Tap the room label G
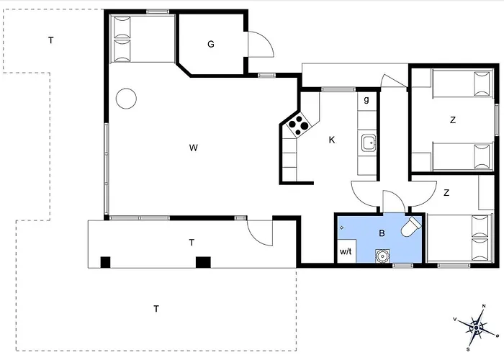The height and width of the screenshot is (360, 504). [x=211, y=45]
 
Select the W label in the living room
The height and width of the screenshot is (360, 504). [x=193, y=148]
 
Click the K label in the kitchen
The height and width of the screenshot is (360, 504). [x=331, y=140]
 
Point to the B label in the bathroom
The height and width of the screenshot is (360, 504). [x=382, y=233]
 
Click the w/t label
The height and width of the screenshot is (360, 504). [x=346, y=252]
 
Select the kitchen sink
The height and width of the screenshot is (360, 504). [x=369, y=143]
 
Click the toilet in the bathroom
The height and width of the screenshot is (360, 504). [x=411, y=228]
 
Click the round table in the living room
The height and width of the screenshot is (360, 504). [x=127, y=98]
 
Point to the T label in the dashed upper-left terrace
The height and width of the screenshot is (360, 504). [x=50, y=40]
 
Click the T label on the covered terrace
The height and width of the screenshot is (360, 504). [x=192, y=243]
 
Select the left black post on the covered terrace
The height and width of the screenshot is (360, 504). [x=105, y=261]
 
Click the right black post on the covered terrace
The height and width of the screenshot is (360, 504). [x=203, y=261]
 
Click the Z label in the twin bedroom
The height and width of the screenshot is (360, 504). [x=453, y=120]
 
